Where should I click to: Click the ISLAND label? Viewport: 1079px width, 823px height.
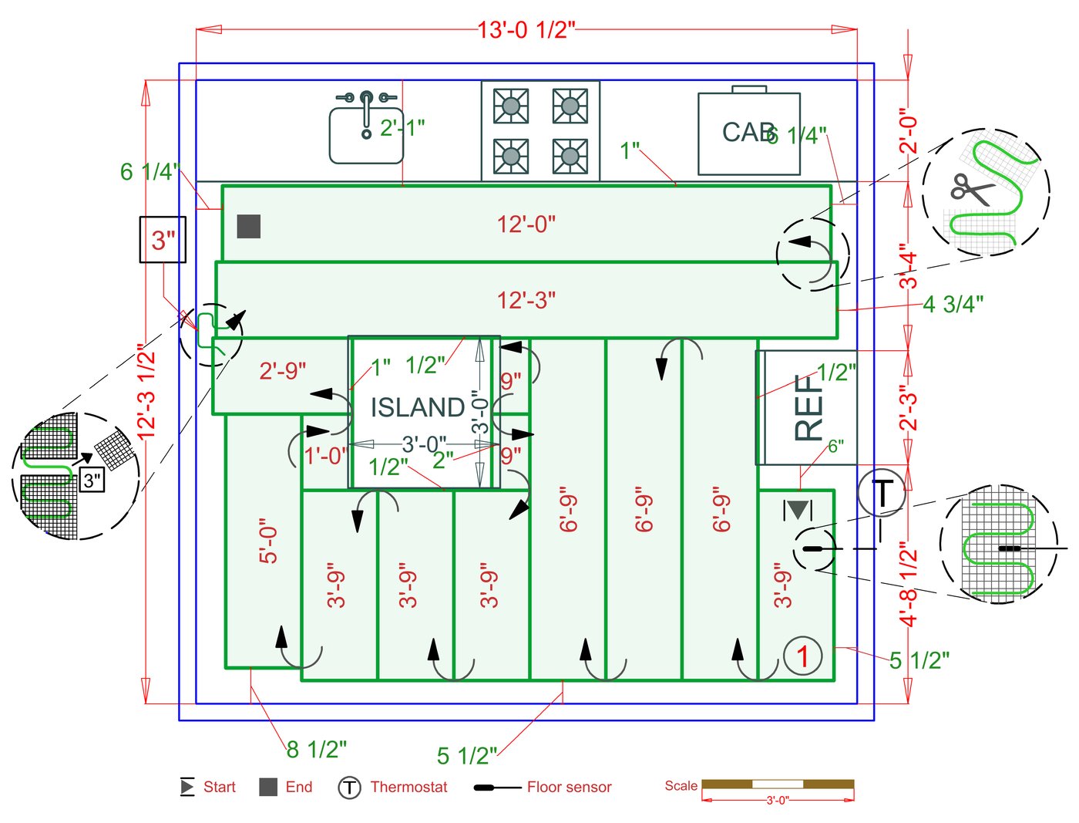[417, 407]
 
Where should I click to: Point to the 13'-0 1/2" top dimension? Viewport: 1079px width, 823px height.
[526, 30]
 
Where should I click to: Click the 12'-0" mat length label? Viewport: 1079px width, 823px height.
[526, 224]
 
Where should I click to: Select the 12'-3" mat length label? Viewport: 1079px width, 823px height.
[526, 300]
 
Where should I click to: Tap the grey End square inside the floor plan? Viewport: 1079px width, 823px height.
[248, 226]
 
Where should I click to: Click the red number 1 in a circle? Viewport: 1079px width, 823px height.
[802, 656]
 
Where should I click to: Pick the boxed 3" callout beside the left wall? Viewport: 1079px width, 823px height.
[163, 240]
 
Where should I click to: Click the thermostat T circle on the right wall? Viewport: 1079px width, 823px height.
[881, 492]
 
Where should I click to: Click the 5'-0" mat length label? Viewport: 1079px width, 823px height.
[267, 541]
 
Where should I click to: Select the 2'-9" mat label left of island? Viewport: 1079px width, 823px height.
[283, 371]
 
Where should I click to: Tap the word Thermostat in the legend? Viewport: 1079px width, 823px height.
[408, 788]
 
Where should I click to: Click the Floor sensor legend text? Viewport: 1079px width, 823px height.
[569, 788]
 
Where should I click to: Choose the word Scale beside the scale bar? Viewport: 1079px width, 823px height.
[681, 786]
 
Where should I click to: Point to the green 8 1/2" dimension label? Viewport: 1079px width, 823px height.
[317, 749]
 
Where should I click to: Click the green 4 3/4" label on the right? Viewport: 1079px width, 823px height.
[953, 305]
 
